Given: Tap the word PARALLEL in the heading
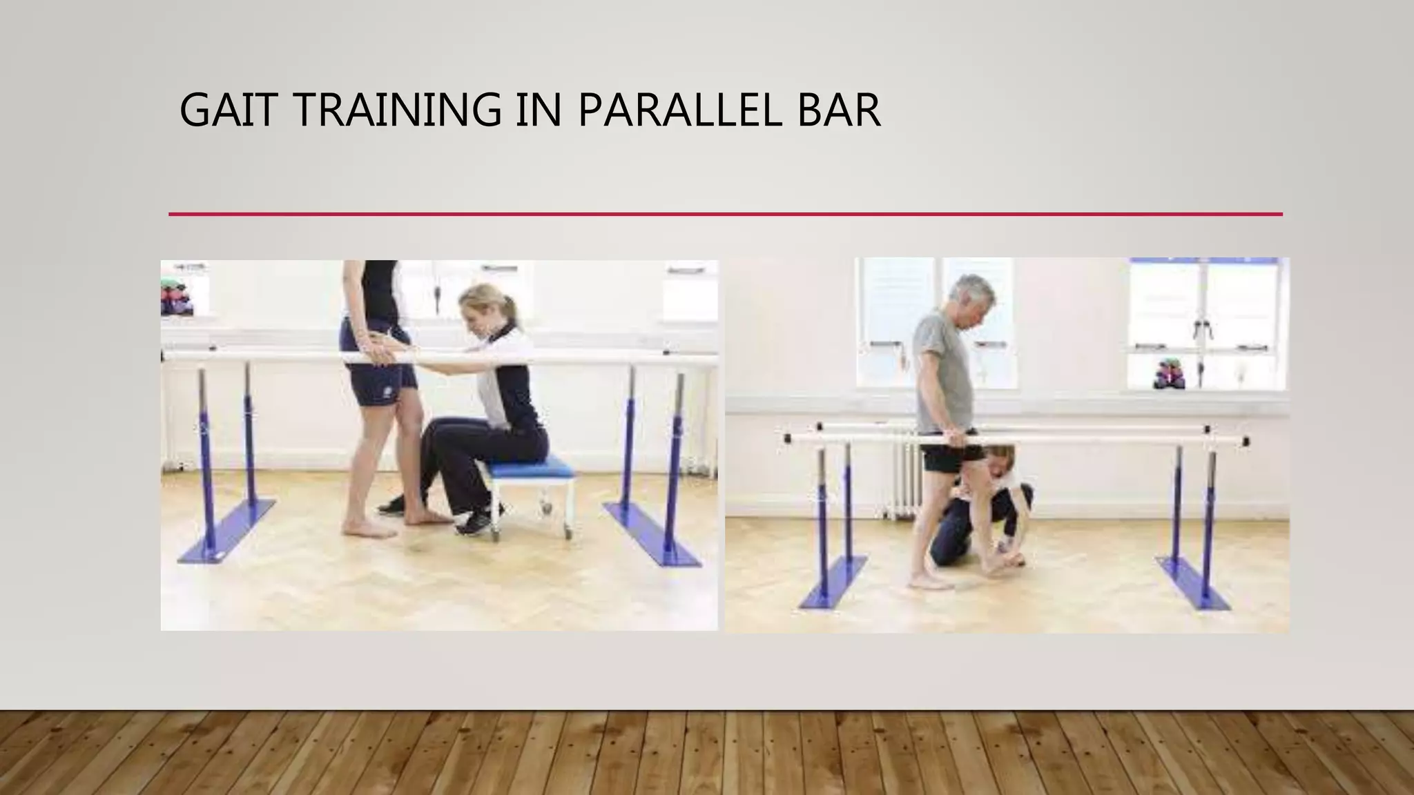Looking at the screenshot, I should click(679, 110).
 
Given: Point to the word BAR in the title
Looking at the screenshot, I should click(838, 110).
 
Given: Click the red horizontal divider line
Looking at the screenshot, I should click(725, 215).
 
